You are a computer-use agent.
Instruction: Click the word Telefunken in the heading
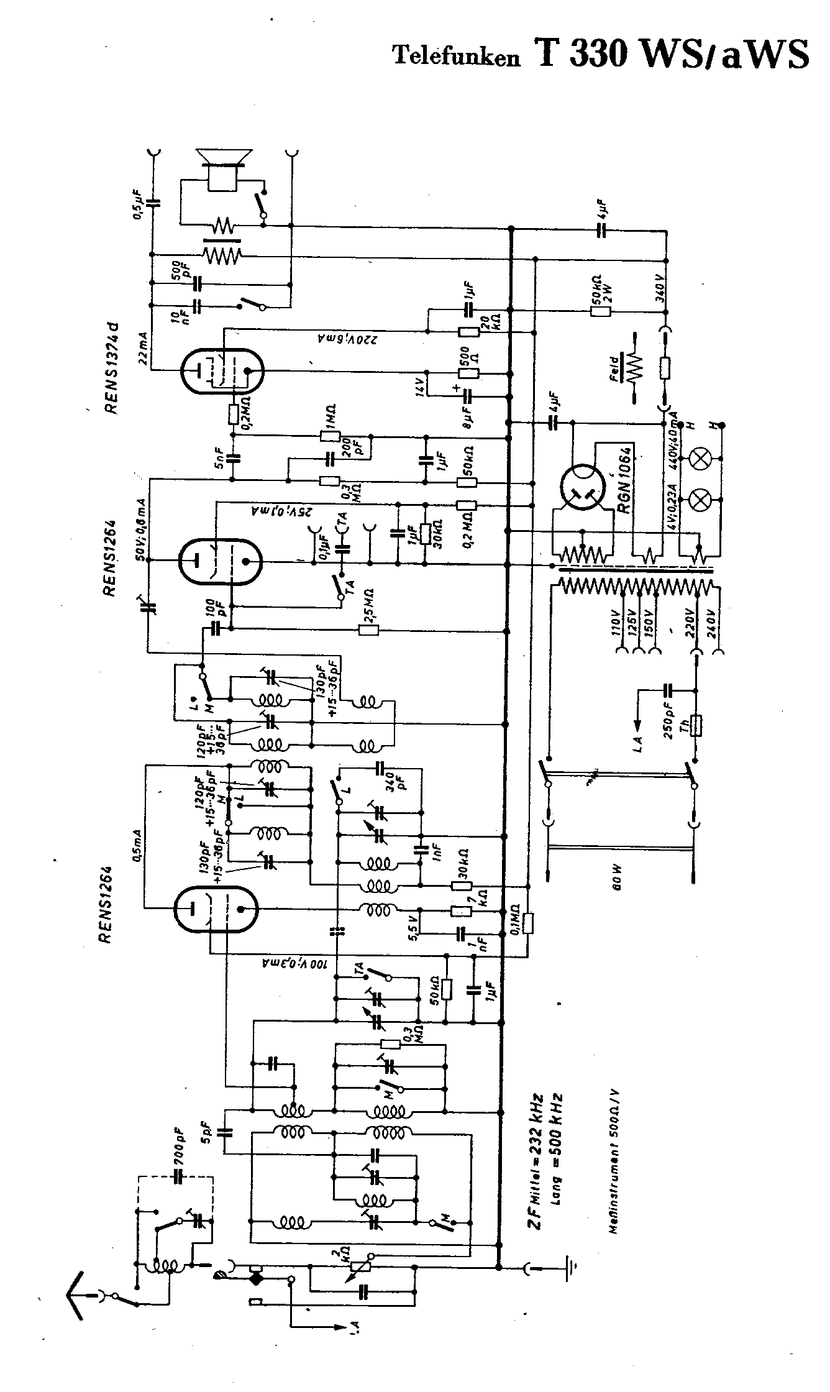point(455,57)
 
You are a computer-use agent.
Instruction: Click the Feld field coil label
point(614,367)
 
